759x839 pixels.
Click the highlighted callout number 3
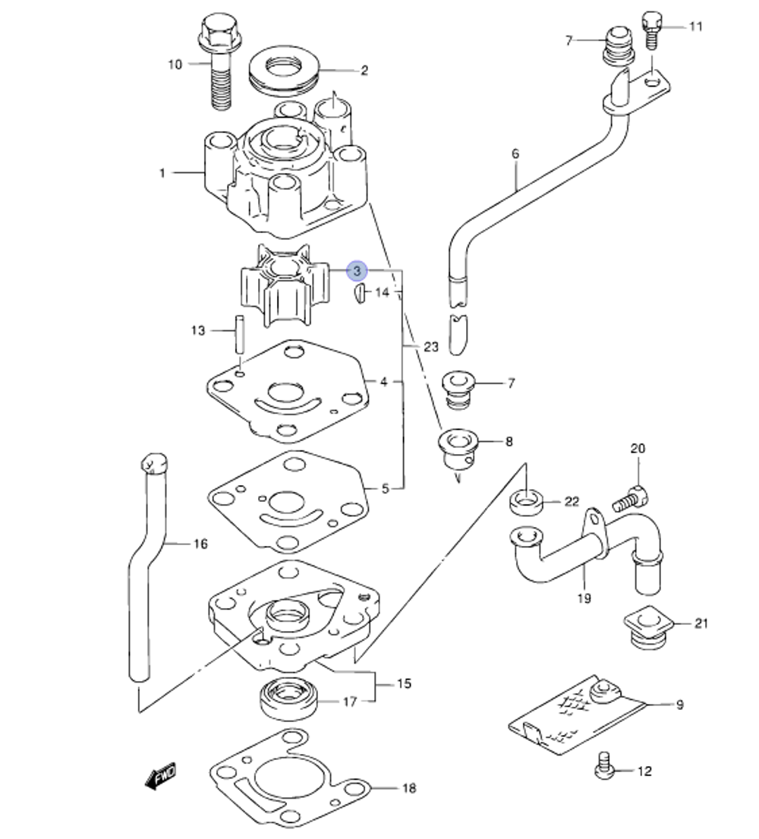click(x=357, y=270)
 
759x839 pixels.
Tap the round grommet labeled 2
click(x=282, y=71)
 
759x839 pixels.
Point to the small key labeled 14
click(x=360, y=293)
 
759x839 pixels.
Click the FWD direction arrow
click(x=159, y=776)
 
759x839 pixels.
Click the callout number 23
click(x=430, y=347)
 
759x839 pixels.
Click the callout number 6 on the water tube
click(x=516, y=154)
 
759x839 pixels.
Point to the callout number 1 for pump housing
click(x=162, y=173)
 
